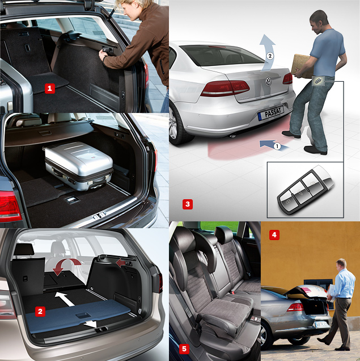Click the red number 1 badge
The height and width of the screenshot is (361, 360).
(50, 89)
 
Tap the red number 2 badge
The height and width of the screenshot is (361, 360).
(40, 311)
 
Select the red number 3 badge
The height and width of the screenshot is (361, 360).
(188, 204)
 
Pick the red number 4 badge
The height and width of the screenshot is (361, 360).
(274, 235)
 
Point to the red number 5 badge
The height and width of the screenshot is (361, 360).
(184, 349)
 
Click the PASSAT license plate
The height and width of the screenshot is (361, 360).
(271, 114)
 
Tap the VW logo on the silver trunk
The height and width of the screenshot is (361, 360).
(268, 81)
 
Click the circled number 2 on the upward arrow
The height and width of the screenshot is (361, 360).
(270, 56)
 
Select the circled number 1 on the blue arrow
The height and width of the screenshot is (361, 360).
(277, 146)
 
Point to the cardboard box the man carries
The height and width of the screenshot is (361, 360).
(302, 66)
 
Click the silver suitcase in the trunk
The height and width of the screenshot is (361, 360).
(79, 166)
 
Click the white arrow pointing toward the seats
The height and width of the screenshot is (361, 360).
(65, 299)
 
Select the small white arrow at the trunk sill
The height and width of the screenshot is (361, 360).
(90, 324)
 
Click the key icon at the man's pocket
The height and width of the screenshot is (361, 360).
(318, 81)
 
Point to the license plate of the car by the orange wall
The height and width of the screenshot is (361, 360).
(321, 325)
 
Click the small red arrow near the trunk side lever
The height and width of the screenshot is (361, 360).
(121, 262)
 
